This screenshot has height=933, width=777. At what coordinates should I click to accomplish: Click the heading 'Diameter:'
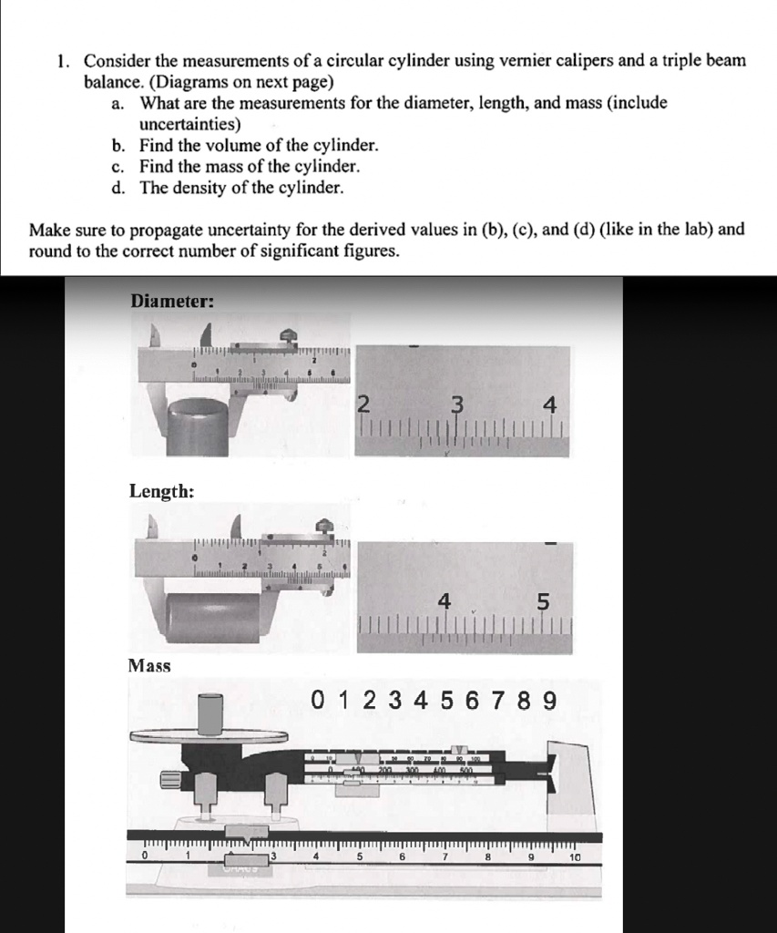173,301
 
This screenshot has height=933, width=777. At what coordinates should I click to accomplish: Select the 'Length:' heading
161,491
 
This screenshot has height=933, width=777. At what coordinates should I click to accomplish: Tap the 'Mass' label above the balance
149,665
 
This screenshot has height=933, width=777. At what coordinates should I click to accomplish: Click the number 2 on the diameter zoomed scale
362,405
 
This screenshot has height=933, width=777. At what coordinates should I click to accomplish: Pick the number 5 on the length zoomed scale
544,602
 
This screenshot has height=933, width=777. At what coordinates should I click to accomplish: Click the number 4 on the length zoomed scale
444,601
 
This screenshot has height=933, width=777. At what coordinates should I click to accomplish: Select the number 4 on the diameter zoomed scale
550,405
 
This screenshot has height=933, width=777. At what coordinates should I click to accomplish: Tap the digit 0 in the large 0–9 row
317,701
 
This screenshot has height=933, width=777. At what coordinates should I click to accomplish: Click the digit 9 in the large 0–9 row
548,701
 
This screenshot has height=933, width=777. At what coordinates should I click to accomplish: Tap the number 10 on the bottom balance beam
574,857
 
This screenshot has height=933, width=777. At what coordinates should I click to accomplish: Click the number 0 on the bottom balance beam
144,856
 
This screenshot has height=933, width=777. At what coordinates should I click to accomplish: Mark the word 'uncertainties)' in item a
189,124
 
